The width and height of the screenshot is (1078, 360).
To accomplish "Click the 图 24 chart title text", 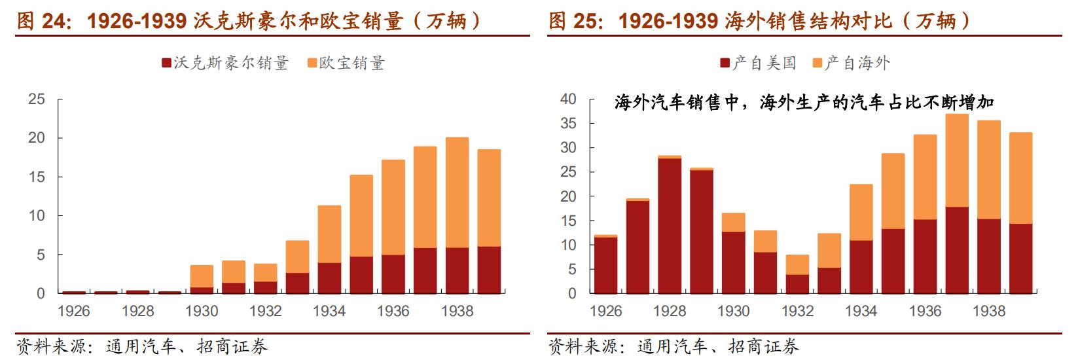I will pos(249,22).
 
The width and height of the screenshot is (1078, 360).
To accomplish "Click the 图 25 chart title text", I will pos(759,22).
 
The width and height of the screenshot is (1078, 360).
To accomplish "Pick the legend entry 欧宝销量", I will pos(346,63).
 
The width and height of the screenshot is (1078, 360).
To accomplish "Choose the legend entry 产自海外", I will pos(850,63).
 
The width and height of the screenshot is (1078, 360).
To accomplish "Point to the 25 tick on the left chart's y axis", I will pos(37,99).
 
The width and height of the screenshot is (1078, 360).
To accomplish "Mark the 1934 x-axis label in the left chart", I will pos(329,311).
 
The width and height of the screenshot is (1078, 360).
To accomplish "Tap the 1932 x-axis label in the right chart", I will pos(797,311).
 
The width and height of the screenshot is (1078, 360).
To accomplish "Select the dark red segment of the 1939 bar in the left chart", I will pos(489,270).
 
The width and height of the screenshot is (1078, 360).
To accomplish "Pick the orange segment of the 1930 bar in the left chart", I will pos(201,276).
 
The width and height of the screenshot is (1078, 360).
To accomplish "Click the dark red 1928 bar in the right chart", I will pos(670,226).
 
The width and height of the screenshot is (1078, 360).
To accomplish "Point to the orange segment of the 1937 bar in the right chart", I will pos(957,160).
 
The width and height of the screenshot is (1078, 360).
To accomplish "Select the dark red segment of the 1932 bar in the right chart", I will pos(797,284).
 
